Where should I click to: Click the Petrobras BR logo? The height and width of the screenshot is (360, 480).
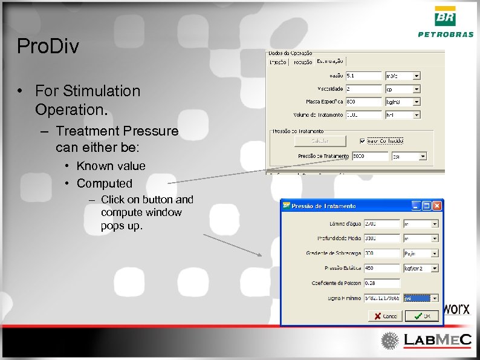point(446,16)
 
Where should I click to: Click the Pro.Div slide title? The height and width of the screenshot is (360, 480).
point(48,47)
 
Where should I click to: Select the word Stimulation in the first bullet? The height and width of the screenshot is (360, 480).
point(106,91)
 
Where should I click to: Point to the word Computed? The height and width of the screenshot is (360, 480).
point(104,183)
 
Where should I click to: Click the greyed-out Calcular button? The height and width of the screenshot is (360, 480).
point(320,140)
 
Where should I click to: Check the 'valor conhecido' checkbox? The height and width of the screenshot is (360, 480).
point(362,140)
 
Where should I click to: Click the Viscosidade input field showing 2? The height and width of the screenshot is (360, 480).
point(363,89)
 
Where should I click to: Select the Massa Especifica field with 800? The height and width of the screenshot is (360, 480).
point(363,102)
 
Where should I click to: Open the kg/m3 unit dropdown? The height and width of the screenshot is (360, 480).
point(417,102)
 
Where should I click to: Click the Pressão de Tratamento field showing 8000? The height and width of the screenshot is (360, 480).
point(368,156)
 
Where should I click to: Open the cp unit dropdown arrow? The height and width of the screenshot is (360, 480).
point(417,89)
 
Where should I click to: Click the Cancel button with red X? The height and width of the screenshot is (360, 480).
point(385,316)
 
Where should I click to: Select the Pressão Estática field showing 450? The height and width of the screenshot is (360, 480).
point(381,268)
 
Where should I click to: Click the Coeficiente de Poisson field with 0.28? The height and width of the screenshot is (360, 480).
point(381,283)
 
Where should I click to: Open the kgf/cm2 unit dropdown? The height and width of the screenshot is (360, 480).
point(434,268)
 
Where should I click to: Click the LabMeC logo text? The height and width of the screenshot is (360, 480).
point(438,341)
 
